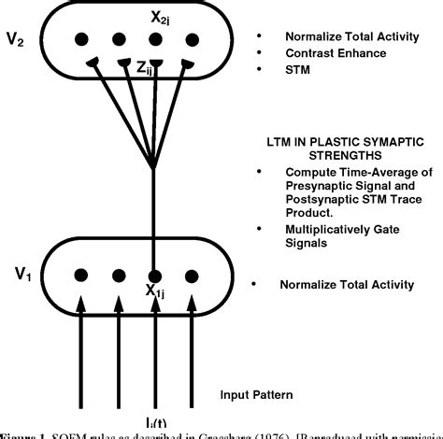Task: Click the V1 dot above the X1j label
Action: (156, 276)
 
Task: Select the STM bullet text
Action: (297, 71)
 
